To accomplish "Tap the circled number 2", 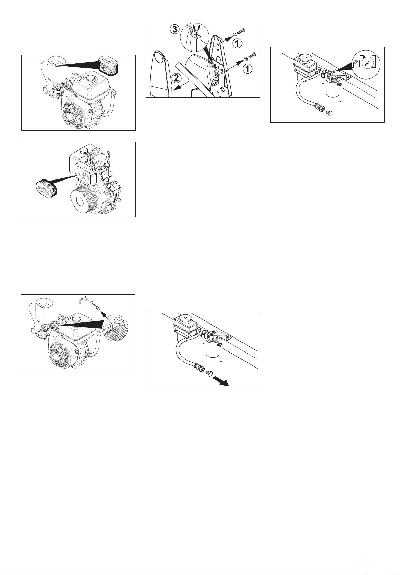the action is click(176, 78).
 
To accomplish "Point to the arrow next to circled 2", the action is click(181, 86).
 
